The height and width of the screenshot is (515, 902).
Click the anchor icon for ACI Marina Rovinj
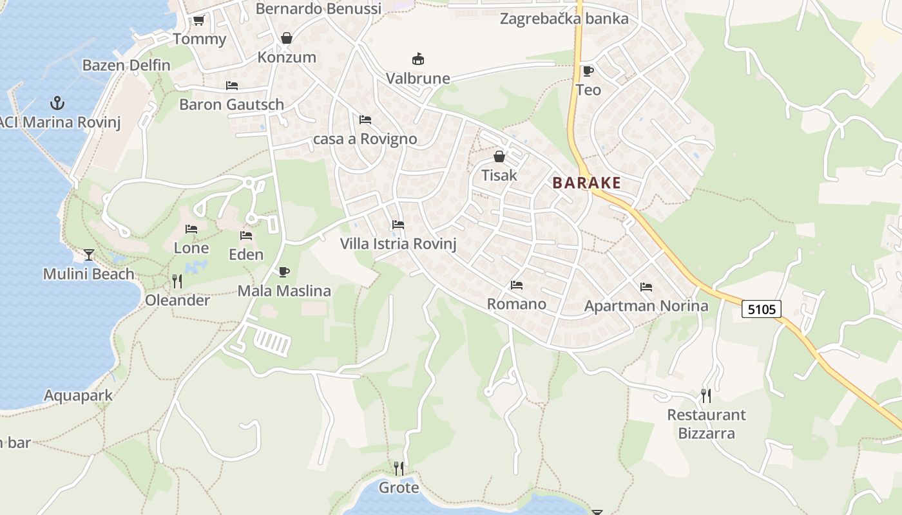point(58,102)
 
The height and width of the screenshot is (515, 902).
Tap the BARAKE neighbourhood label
point(587,183)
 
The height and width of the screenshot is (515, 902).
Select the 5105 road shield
point(762,310)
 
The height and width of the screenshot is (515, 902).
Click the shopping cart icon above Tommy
point(199,21)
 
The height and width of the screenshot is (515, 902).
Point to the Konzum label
point(287,57)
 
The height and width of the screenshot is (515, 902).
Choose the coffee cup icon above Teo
point(588,71)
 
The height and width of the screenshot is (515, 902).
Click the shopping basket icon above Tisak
point(499,156)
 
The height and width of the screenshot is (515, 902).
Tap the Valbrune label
point(417,79)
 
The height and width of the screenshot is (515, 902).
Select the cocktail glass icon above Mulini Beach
point(89,255)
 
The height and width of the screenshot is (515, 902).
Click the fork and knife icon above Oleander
point(177,281)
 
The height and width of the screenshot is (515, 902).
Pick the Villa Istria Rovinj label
point(398,244)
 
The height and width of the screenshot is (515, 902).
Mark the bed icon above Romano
point(517,285)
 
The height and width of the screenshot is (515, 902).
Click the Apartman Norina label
point(646,306)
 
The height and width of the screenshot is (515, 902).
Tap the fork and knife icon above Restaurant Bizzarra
point(706,395)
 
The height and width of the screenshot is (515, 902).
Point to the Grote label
point(399,487)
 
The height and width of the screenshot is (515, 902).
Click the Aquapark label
point(79,395)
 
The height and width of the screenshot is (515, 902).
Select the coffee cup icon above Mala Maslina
point(283,272)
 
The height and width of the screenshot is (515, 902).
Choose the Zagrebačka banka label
point(564,19)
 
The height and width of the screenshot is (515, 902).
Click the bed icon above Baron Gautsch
point(232,86)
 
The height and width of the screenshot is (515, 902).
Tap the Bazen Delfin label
point(126,65)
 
